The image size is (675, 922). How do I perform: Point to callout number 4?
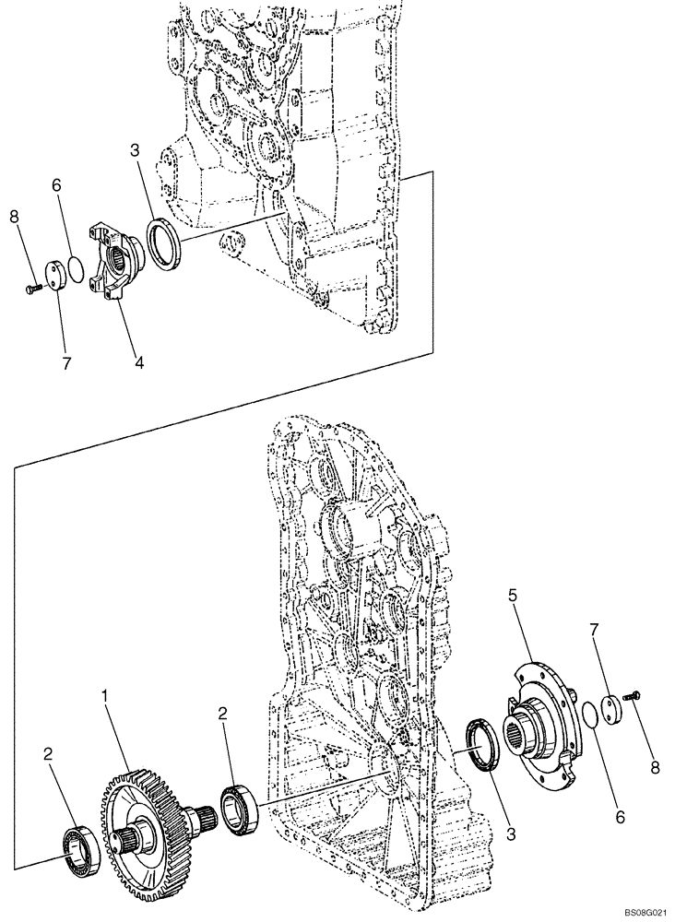(138, 363)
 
